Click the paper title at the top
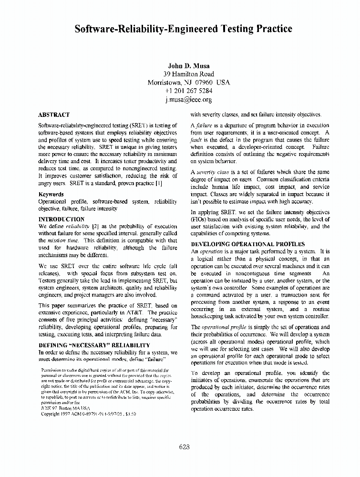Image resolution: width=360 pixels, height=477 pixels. click(184, 30)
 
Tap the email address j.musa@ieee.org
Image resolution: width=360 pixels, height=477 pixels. click(188, 100)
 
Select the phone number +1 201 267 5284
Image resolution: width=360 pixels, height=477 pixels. click(189, 91)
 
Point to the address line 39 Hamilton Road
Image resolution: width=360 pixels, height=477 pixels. click(189, 74)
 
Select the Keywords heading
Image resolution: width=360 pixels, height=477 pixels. click(51, 195)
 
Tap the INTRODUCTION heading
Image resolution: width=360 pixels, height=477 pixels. click(61, 219)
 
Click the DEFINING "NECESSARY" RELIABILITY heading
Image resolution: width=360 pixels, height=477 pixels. click(94, 345)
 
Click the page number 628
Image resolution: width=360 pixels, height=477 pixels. click(185, 447)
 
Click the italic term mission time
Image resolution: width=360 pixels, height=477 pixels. click(65, 241)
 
